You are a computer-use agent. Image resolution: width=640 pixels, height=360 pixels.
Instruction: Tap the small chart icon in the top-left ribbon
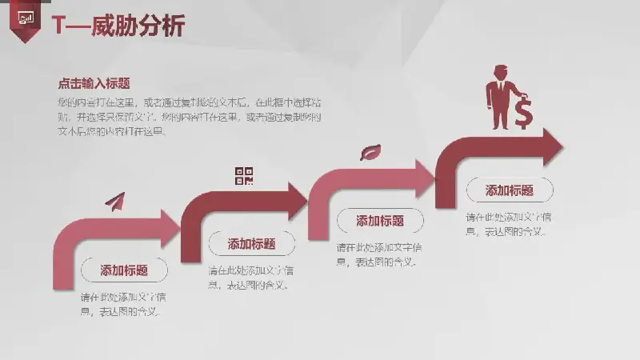point(26,18)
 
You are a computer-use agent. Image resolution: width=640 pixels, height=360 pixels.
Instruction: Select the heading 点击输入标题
point(94,83)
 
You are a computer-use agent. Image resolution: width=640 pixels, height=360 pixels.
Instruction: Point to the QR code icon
point(244,176)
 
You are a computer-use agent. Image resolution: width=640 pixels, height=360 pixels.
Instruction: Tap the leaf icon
point(370,152)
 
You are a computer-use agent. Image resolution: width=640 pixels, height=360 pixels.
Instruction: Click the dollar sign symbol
point(523,113)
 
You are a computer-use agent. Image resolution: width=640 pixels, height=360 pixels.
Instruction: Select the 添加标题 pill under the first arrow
point(123,270)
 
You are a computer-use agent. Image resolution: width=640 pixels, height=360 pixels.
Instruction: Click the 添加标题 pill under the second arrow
point(251,244)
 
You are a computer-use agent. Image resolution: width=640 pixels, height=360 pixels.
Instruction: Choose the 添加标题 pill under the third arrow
point(379,221)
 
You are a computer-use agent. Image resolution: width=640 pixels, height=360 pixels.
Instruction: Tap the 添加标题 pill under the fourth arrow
point(510,190)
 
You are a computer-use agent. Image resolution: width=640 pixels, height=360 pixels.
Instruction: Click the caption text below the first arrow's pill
point(123,304)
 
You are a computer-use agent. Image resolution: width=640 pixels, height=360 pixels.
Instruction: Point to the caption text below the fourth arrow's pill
point(508,224)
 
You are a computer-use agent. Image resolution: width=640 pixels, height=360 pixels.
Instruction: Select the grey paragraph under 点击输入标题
point(189,117)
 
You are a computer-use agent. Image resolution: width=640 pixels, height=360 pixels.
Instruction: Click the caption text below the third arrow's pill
point(379,254)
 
